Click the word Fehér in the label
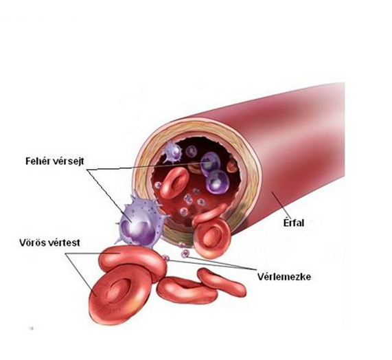pyautogui.click(x=38, y=161)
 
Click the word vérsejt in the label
pyautogui.click(x=69, y=161)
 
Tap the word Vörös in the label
pyautogui.click(x=32, y=243)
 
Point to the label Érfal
pyautogui.click(x=294, y=223)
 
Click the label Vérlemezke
pyautogui.click(x=284, y=277)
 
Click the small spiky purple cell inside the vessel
pyautogui.click(x=172, y=151)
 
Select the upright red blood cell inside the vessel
pyautogui.click(x=174, y=182)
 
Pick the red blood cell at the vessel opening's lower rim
pyautogui.click(x=212, y=238)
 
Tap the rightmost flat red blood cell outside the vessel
pyautogui.click(x=222, y=282)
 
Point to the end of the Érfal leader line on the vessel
pyautogui.click(x=272, y=192)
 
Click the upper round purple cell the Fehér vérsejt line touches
pyautogui.click(x=211, y=163)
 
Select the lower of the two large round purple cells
pyautogui.click(x=218, y=182)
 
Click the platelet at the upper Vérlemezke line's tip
pyautogui.click(x=185, y=254)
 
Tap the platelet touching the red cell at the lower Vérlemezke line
pyautogui.click(x=165, y=258)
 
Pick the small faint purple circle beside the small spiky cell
pyautogui.click(x=192, y=152)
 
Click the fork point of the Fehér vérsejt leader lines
pyautogui.click(x=88, y=170)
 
